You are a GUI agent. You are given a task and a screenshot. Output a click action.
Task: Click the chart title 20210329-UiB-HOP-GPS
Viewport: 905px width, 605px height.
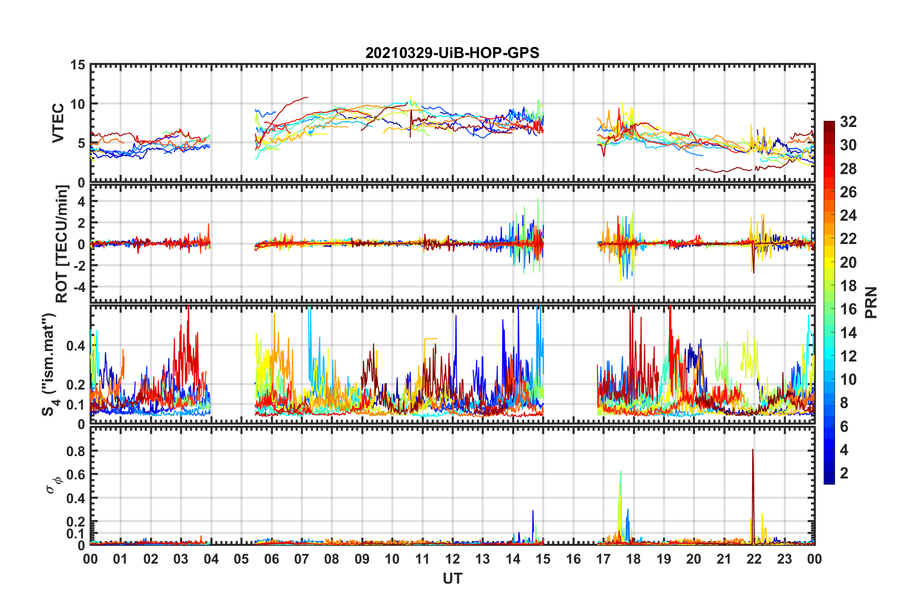click(x=452, y=53)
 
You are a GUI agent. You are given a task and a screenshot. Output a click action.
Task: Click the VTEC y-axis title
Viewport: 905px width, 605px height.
click(x=58, y=123)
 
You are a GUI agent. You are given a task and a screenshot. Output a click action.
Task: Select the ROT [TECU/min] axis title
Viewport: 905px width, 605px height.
click(x=62, y=244)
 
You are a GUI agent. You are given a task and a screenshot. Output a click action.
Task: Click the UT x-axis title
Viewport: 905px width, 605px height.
click(x=452, y=578)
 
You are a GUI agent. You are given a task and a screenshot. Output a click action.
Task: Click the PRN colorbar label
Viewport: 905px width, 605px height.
click(x=871, y=302)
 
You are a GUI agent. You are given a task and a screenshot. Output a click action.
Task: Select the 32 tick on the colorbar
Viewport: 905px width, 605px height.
click(x=848, y=122)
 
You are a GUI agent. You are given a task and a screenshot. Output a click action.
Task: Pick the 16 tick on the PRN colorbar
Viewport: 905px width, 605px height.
click(x=848, y=309)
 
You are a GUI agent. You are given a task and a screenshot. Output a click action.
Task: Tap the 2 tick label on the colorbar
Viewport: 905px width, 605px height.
click(x=844, y=473)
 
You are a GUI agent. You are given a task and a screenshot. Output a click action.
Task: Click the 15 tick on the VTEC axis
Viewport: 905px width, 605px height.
click(x=78, y=65)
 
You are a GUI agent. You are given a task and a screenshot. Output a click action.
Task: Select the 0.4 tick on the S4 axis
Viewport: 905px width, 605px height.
click(x=76, y=346)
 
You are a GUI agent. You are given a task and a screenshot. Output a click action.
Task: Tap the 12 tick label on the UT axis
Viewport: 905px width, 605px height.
click(x=452, y=559)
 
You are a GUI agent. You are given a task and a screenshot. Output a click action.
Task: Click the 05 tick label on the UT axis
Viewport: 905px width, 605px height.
click(x=241, y=559)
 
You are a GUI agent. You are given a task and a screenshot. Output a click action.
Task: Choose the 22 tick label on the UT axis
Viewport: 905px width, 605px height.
click(x=754, y=559)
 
